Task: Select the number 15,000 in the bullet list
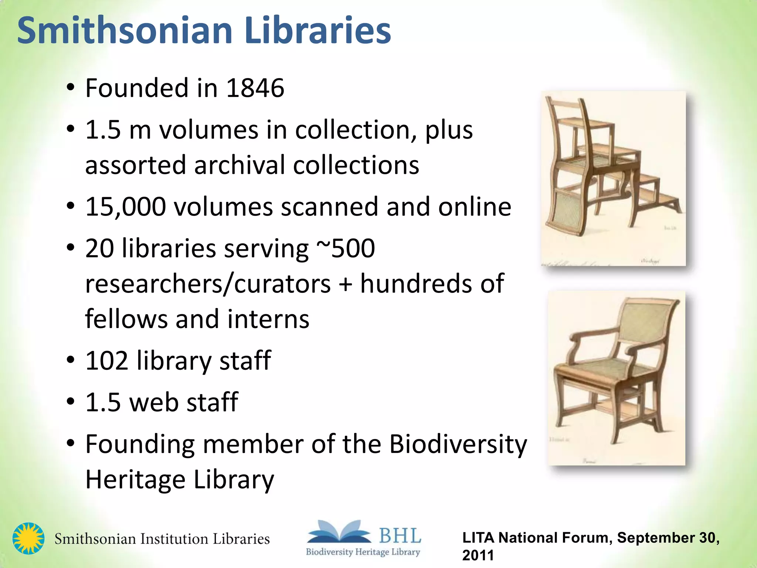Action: tap(126, 206)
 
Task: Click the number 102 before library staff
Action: tap(107, 360)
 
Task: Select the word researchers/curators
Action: tap(208, 284)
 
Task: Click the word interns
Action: tap(268, 319)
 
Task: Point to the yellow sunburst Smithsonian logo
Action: tap(28, 538)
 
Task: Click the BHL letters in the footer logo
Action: tap(400, 536)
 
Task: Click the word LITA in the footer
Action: tap(478, 538)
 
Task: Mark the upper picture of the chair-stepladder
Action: tap(613, 178)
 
